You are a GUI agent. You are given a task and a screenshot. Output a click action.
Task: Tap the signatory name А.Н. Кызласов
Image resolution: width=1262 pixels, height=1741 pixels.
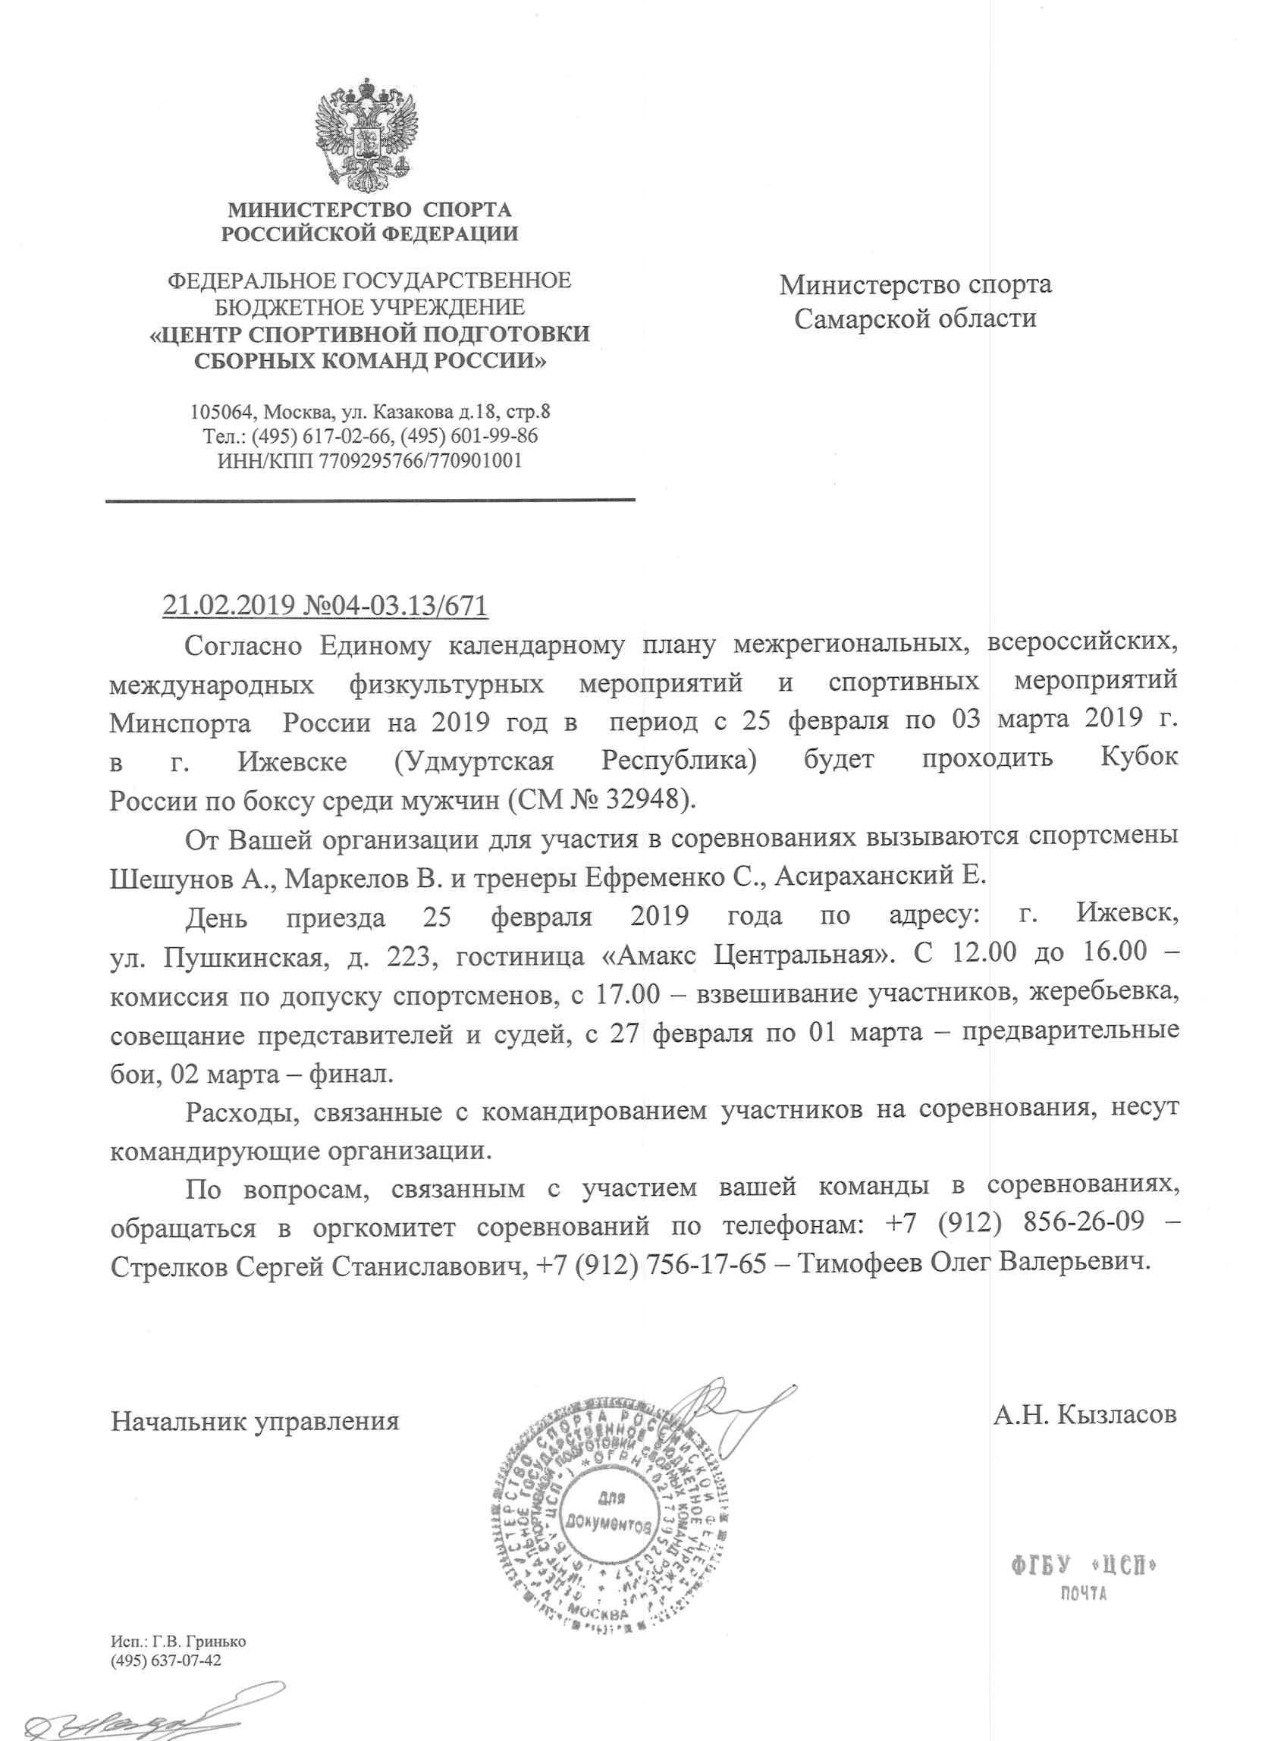pyautogui.click(x=1084, y=1414)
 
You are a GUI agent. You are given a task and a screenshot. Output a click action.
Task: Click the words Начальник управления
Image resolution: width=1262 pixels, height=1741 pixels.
pyautogui.click(x=255, y=1421)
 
